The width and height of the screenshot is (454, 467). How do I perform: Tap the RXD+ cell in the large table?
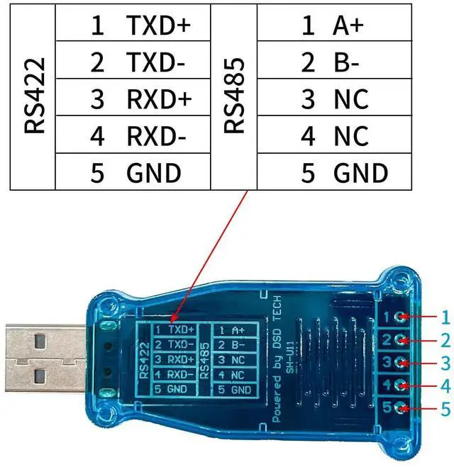point(159,99)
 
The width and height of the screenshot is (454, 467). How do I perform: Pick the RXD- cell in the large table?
point(156,135)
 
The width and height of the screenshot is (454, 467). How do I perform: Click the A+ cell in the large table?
point(347,26)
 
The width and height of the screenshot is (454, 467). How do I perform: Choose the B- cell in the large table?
point(345,62)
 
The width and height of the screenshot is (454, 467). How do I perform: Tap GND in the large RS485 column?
point(360,172)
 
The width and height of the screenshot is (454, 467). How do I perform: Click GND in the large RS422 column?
point(153,172)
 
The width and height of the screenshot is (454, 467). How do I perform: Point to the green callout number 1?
point(445,317)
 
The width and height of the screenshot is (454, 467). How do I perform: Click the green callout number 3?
point(445,364)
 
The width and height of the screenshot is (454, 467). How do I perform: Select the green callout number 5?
point(445,409)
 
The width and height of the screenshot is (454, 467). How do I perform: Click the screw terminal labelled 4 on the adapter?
point(402,386)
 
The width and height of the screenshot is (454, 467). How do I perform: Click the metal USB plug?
point(43,361)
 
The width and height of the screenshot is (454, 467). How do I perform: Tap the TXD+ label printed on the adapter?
point(182,330)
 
